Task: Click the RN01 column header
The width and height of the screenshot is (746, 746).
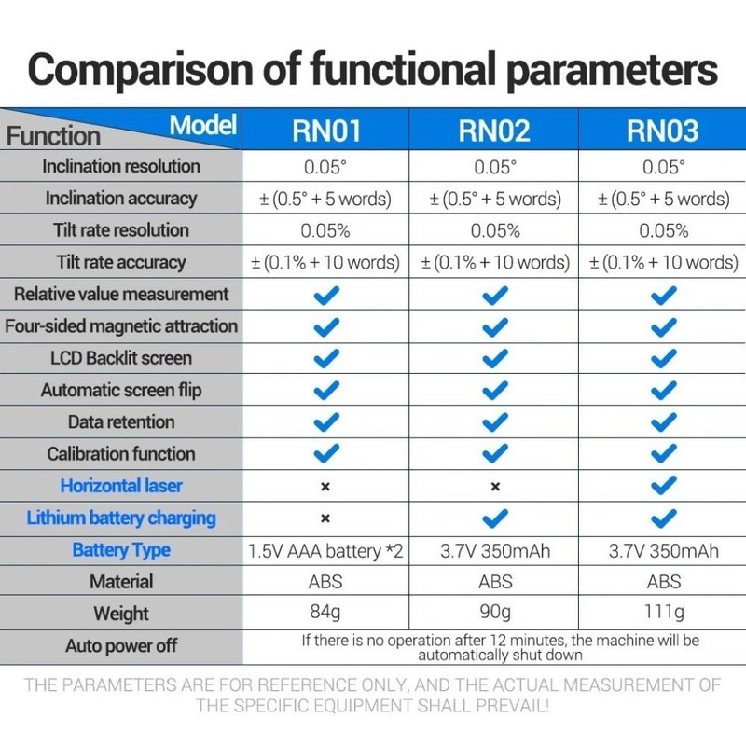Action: coord(326,131)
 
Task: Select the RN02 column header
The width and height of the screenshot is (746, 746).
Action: coord(494,131)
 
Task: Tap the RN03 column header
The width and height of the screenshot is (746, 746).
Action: coord(663,131)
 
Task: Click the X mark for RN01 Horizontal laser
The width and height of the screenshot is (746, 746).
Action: coord(325,487)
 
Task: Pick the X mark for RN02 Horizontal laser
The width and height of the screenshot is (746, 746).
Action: coord(495,487)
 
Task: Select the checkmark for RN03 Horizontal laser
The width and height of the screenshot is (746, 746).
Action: coord(664,486)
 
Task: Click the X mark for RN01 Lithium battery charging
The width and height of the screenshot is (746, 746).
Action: coord(325,518)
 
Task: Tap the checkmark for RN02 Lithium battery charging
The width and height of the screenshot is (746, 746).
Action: coord(495,518)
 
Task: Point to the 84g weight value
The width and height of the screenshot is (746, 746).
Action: coord(325,612)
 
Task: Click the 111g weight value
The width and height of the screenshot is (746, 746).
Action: coord(664,612)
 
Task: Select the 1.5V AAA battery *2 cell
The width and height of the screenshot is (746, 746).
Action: coord(325,551)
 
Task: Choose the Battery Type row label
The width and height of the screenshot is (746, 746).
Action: coord(121,550)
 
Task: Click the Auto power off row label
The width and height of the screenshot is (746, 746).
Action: coord(121,646)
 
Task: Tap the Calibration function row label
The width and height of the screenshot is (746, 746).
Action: coord(121,454)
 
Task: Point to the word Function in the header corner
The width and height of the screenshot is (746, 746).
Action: coord(53,136)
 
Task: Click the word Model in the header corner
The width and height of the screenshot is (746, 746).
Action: coord(203,125)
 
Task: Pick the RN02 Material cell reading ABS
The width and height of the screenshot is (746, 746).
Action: coord(495,582)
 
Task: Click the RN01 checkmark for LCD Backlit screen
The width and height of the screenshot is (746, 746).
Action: coord(326,359)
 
